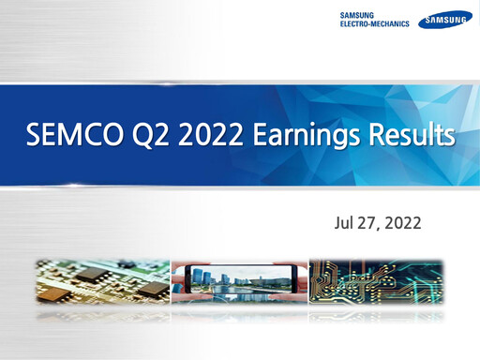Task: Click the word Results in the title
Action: click(x=409, y=138)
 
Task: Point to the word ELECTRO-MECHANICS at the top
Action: click(x=374, y=23)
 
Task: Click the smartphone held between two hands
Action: click(x=239, y=278)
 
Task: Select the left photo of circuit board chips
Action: click(x=102, y=278)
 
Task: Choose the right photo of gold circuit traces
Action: click(x=375, y=278)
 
